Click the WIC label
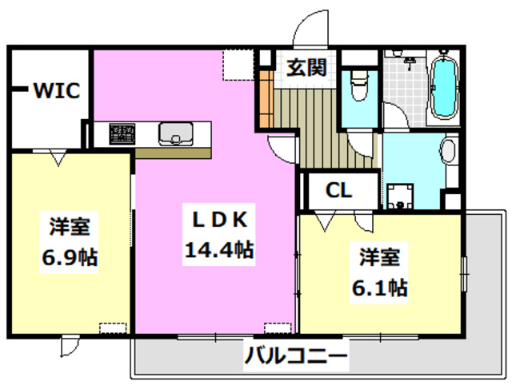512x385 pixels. coord(55,91)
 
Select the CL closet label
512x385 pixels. coord(338,191)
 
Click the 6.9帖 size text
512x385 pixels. coord(70,257)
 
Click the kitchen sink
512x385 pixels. coord(173,133)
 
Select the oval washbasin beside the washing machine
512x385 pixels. coord(448,152)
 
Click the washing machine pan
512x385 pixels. coord(399,194)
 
